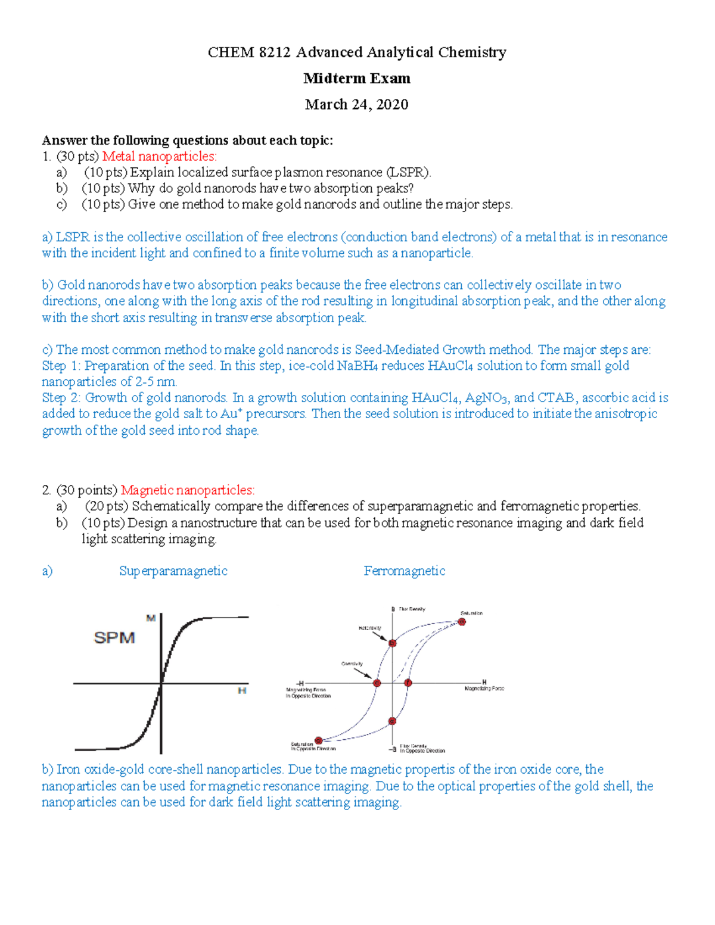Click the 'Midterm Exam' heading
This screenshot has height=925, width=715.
[356, 79]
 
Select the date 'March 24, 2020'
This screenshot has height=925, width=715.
[356, 105]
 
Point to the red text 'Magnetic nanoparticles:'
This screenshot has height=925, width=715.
[188, 490]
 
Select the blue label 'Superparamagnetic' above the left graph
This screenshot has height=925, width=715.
[173, 571]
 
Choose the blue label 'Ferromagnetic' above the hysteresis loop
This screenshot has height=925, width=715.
[405, 571]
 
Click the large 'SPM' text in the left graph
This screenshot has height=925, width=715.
[114, 638]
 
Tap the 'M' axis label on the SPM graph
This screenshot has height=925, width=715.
[151, 618]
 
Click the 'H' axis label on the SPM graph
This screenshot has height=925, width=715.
[242, 691]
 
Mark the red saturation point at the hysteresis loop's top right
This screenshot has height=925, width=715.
[462, 622]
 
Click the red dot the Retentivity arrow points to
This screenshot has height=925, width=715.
[392, 643]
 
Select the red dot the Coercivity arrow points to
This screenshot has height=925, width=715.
[377, 683]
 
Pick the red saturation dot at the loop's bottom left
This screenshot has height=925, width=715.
[319, 740]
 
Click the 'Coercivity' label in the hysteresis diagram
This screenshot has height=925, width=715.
[352, 664]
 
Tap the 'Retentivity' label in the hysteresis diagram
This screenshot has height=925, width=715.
[369, 628]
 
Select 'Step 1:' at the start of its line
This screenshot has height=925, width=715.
[61, 366]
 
